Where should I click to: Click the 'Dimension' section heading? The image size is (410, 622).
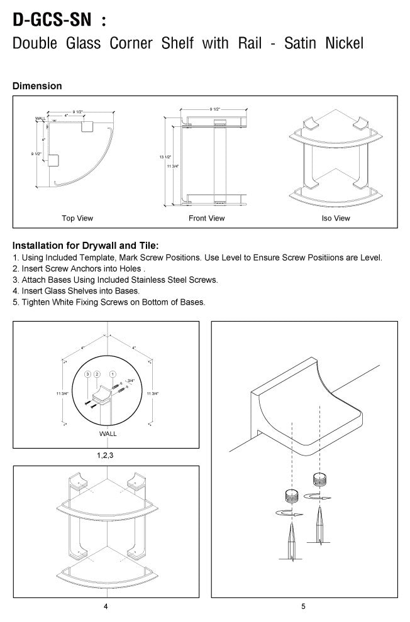point(37,86)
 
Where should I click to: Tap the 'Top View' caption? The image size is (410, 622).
point(77,219)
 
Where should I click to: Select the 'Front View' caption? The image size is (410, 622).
point(206,219)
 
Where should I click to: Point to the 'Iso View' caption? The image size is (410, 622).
point(336,219)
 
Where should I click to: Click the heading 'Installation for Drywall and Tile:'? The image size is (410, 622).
point(86,246)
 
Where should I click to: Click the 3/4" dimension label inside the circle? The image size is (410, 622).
point(130,381)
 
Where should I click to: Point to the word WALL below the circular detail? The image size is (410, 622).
point(108,434)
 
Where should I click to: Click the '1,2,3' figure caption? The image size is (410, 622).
point(105,456)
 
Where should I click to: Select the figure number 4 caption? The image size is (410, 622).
point(105,606)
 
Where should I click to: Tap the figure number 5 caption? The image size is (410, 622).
point(304,606)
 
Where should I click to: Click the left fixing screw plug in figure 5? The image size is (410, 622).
point(291,494)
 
